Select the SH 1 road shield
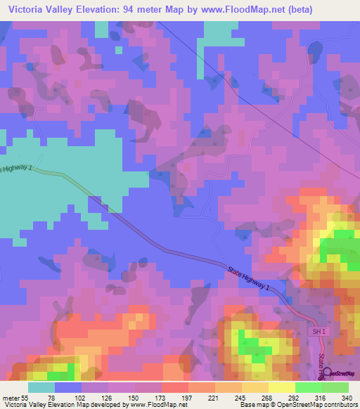(x=319, y=330)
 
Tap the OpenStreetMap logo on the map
(x=340, y=374)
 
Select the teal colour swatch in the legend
(x=41, y=387)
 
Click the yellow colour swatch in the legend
(x=281, y=387)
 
